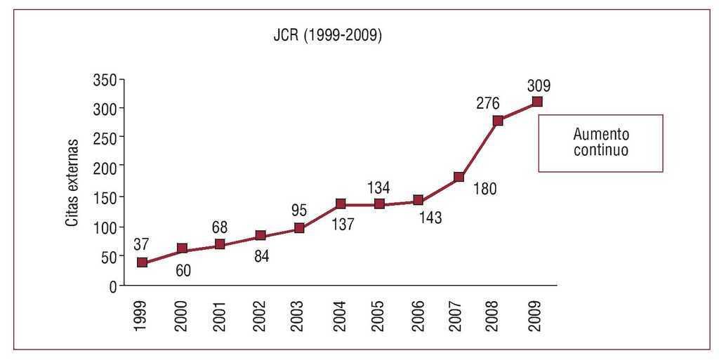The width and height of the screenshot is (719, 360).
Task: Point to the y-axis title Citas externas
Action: pyautogui.click(x=72, y=182)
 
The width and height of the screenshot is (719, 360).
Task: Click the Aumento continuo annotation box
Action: pyautogui.click(x=600, y=142)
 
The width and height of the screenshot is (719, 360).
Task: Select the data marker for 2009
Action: pyautogui.click(x=537, y=102)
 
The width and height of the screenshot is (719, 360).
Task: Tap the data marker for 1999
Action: pyautogui.click(x=143, y=262)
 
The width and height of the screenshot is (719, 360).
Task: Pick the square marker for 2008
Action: pyautogui.click(x=498, y=121)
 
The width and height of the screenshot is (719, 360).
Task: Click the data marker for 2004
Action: pyautogui.click(x=341, y=204)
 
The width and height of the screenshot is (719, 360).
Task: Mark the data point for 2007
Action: pyautogui.click(x=459, y=177)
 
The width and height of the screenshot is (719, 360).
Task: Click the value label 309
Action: pyautogui.click(x=539, y=86)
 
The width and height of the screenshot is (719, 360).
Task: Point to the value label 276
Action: pyautogui.click(x=487, y=104)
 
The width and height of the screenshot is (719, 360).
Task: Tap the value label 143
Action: pyautogui.click(x=430, y=218)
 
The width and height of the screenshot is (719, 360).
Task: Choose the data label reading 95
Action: pyautogui.click(x=298, y=210)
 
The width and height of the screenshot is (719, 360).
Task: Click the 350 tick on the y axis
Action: pyautogui.click(x=103, y=80)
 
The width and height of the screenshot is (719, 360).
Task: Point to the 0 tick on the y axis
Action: pyautogui.click(x=111, y=286)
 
